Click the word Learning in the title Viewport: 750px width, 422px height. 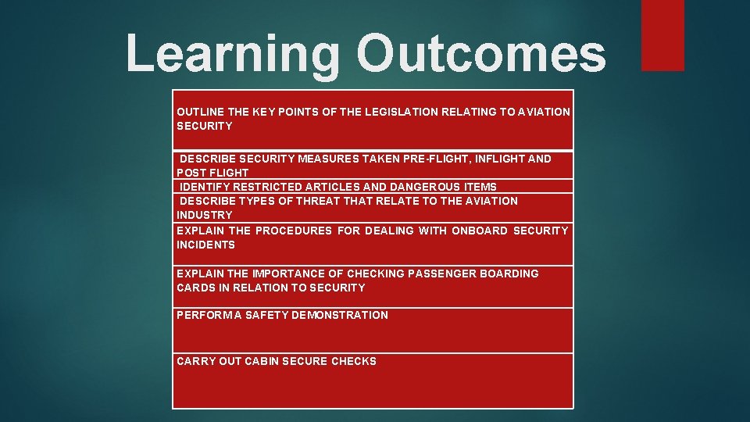pos(233,55)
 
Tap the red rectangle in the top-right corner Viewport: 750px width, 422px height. pos(662,35)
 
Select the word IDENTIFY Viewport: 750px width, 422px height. pos(206,187)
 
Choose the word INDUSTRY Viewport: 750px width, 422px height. pos(205,215)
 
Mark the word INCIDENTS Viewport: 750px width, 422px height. pos(205,245)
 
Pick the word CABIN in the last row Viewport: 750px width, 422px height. pos(262,361)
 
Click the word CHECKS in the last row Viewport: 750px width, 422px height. pos(354,361)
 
